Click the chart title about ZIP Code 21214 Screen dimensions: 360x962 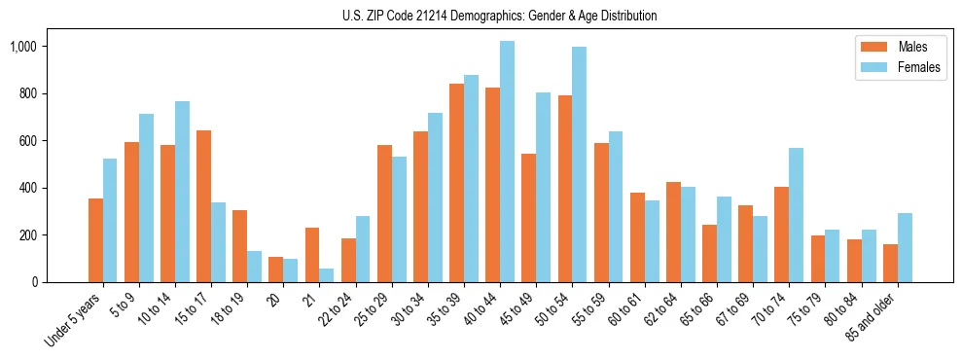(499, 16)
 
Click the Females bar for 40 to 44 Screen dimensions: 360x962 (507, 162)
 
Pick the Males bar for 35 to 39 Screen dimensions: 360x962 (456, 183)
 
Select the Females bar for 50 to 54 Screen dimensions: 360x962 (579, 164)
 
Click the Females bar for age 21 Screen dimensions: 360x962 (327, 275)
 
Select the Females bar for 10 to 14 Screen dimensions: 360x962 (182, 192)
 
